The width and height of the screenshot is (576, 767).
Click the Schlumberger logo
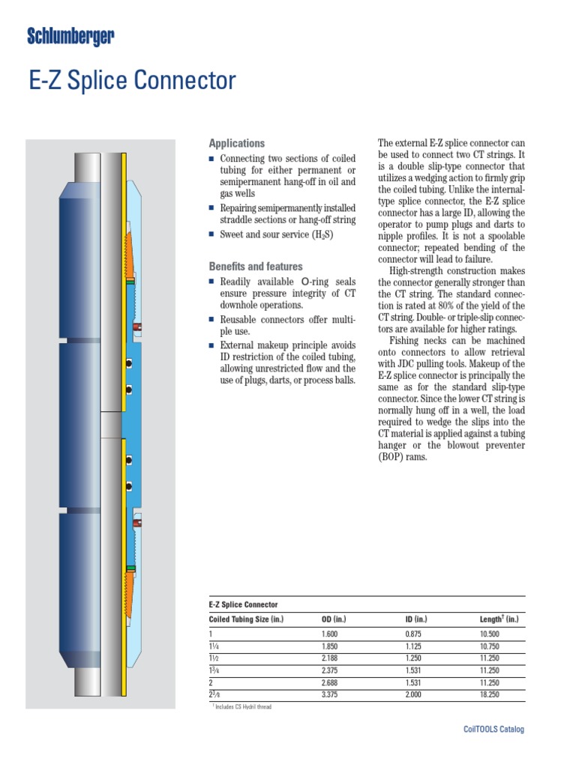tap(70, 35)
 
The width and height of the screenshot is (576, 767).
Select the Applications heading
tap(236, 143)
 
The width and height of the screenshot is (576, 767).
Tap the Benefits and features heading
tap(255, 267)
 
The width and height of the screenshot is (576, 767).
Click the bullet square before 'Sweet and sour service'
tap(211, 235)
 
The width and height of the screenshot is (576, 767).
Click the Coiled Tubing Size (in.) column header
tap(246, 619)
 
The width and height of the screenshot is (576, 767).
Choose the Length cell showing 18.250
tap(489, 695)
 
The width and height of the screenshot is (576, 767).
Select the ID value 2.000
tap(414, 695)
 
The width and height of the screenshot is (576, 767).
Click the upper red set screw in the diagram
tap(136, 327)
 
